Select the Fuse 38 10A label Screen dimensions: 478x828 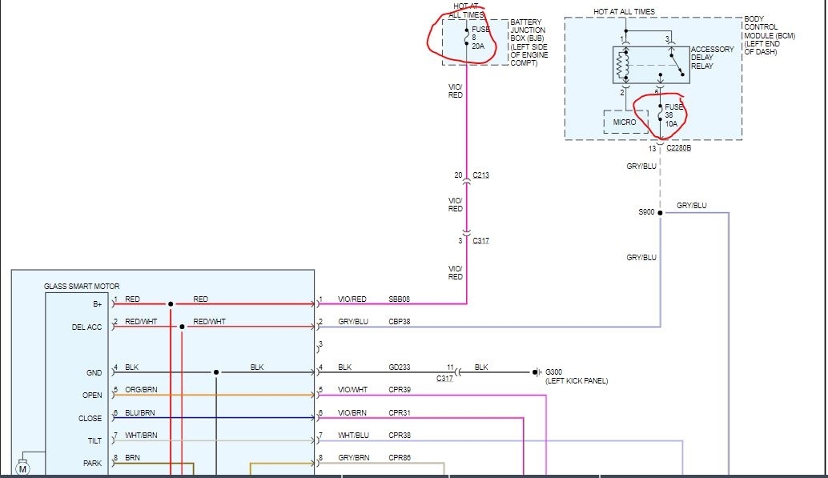[673, 115]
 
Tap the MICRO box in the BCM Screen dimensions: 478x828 [624, 123]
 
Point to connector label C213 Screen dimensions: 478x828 [480, 176]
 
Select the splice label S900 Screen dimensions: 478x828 [646, 212]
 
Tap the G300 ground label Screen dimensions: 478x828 [555, 372]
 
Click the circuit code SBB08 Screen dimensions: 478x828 [400, 299]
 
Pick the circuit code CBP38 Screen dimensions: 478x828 [400, 322]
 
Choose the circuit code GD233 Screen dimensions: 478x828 [400, 368]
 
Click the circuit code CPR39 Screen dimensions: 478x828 [400, 390]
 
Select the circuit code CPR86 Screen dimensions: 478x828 [400, 458]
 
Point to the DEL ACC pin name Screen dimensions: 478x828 [86, 327]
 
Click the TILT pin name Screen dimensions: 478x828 [94, 440]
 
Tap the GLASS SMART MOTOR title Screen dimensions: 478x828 [81, 286]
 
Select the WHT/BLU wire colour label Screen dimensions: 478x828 [353, 436]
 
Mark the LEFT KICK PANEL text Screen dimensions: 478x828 [576, 381]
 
